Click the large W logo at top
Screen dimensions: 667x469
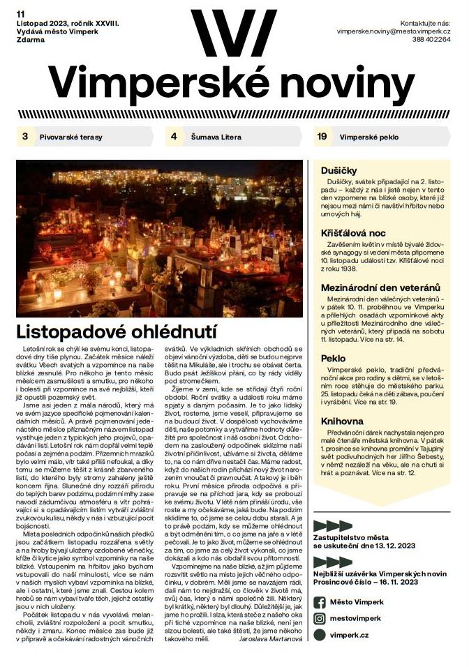click(x=233, y=30)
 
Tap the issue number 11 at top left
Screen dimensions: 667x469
click(x=21, y=13)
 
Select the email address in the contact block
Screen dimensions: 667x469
click(x=393, y=31)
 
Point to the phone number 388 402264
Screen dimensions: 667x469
click(x=431, y=40)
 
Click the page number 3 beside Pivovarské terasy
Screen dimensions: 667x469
click(x=25, y=137)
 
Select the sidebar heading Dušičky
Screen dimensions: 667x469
click(x=339, y=170)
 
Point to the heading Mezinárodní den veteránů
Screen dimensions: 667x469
click(x=380, y=287)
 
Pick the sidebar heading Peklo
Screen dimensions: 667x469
click(x=334, y=359)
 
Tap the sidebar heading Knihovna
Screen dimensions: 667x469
click(x=343, y=421)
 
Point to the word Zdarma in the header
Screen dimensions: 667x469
click(x=31, y=40)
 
